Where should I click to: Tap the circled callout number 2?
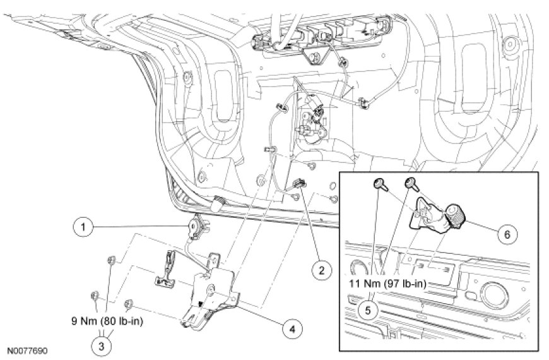(321, 271)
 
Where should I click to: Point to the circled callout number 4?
(292, 328)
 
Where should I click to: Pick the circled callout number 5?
(369, 310)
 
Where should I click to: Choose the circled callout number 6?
(504, 233)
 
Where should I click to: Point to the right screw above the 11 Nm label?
(410, 183)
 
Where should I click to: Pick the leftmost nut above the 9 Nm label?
(95, 294)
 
